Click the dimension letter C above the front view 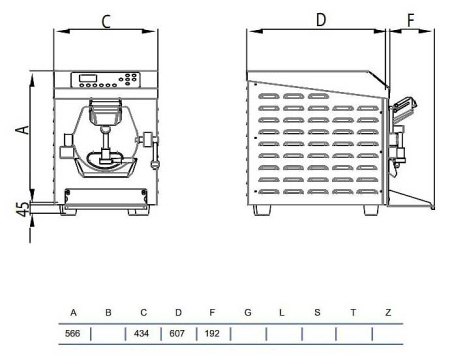click(x=106, y=22)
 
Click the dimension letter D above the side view click(x=321, y=20)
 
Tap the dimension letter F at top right click(x=411, y=20)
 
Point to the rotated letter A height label click(x=23, y=129)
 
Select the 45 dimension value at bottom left click(x=23, y=209)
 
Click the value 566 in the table click(x=73, y=333)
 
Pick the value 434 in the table click(x=141, y=333)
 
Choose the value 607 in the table click(x=177, y=333)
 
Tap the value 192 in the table click(x=212, y=333)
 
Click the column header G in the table click(x=248, y=313)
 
